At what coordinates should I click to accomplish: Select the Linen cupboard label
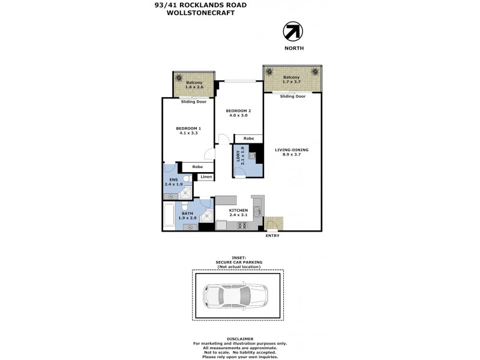[x=206, y=177]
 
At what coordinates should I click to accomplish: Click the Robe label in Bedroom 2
[x=248, y=139]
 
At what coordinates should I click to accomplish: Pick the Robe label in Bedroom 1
[x=197, y=166]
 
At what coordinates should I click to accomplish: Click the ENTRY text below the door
[x=272, y=235]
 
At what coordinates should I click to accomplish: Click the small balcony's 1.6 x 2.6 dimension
[x=194, y=88]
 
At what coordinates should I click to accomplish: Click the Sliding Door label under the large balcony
[x=293, y=96]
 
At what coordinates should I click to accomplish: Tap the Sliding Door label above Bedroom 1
[x=194, y=101]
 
